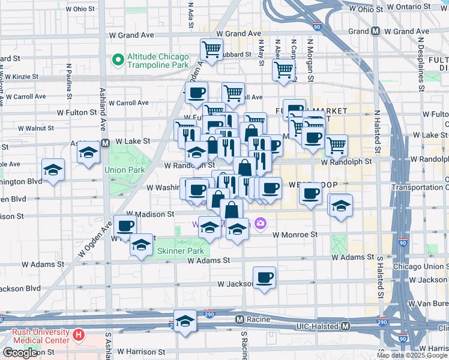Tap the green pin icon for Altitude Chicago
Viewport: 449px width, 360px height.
coord(117,61)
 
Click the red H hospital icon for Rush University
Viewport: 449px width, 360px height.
coord(77,334)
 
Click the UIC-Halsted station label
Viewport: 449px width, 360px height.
coord(318,326)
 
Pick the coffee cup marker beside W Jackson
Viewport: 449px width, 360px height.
coord(264,278)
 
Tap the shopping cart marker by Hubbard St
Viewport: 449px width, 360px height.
coord(211,50)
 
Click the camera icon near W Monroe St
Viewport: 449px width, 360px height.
coord(261,223)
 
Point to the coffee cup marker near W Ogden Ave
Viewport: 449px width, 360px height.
coord(125,226)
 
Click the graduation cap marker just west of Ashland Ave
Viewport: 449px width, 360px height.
coord(88,152)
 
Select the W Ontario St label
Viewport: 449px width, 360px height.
coord(408,7)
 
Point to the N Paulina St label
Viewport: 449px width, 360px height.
coord(70,79)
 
